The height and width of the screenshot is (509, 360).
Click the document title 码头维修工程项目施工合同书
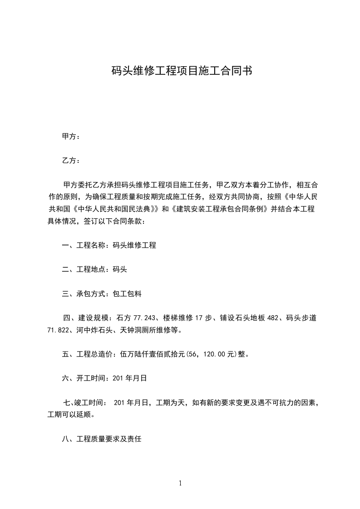pyautogui.click(x=181, y=71)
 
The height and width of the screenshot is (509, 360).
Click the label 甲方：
pyautogui.click(x=71, y=136)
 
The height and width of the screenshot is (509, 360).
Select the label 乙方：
pyautogui.click(x=71, y=161)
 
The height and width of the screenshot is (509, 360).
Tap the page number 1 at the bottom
pyautogui.click(x=180, y=483)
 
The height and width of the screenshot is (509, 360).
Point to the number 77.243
pyautogui.click(x=143, y=318)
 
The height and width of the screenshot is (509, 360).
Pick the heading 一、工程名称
pyautogui.click(x=84, y=245)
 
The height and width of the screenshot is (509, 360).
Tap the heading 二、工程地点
pyautogui.click(x=84, y=269)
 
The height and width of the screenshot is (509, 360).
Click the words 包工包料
pyautogui.click(x=127, y=294)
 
